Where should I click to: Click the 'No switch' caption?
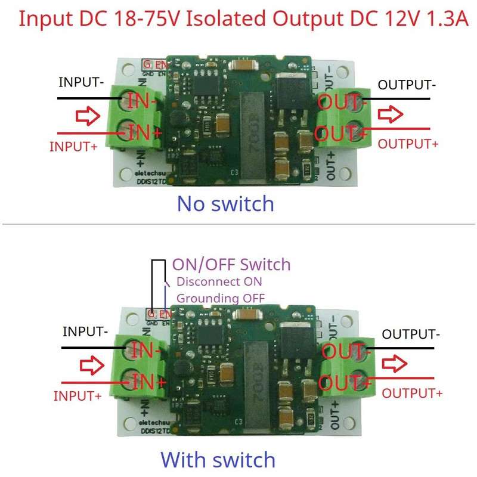coord(225,204)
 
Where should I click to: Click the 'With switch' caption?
coord(218,460)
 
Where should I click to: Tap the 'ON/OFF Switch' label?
coord(231,264)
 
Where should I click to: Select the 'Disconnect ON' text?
coord(219,281)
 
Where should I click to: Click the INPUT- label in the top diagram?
coord(82,82)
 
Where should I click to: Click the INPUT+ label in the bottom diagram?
coord(78,395)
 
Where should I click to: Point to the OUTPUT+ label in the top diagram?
coord(408,144)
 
